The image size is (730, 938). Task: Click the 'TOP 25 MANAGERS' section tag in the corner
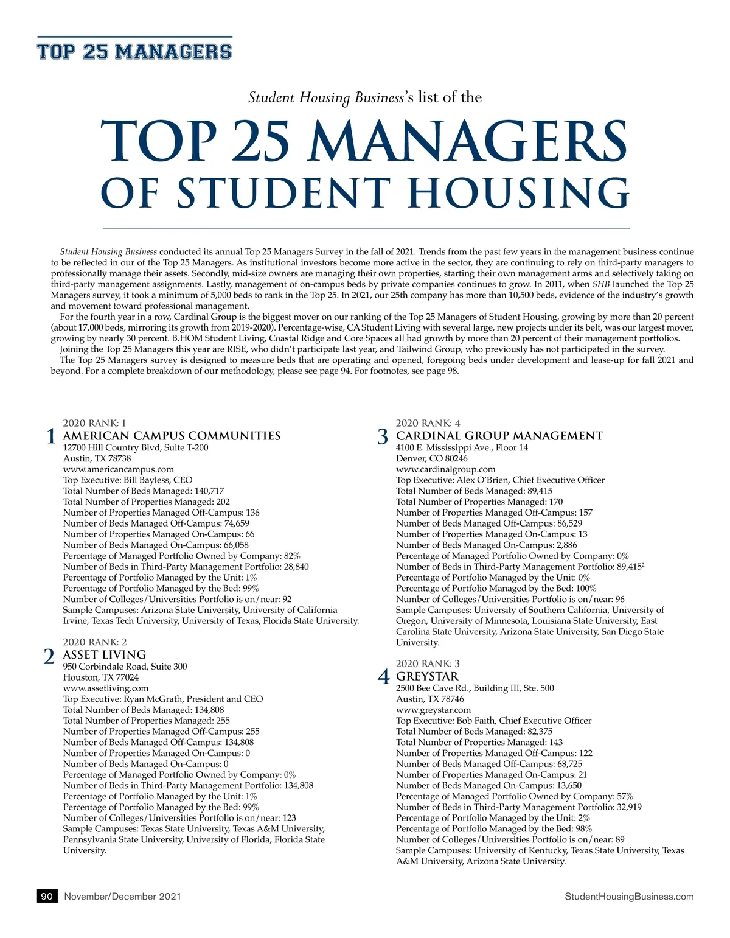pyautogui.click(x=134, y=51)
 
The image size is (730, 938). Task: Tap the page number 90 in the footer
pyautogui.click(x=47, y=896)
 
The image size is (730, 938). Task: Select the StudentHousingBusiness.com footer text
pyautogui.click(x=629, y=896)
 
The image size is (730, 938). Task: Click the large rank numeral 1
pyautogui.click(x=52, y=436)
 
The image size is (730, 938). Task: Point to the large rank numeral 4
pyautogui.click(x=383, y=677)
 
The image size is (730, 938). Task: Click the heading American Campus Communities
pyautogui.click(x=172, y=436)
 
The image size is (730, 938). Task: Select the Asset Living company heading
pyautogui.click(x=105, y=654)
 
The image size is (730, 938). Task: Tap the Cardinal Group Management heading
pyautogui.click(x=499, y=436)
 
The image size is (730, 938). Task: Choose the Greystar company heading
pyautogui.click(x=427, y=676)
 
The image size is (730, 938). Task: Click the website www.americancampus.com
pyautogui.click(x=119, y=469)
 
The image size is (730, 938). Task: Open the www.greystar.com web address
pyautogui.click(x=433, y=710)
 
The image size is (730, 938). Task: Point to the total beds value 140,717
pyautogui.click(x=209, y=491)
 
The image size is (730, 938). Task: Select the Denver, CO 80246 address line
pyautogui.click(x=432, y=458)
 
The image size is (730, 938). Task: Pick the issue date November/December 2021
pyautogui.click(x=122, y=896)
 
